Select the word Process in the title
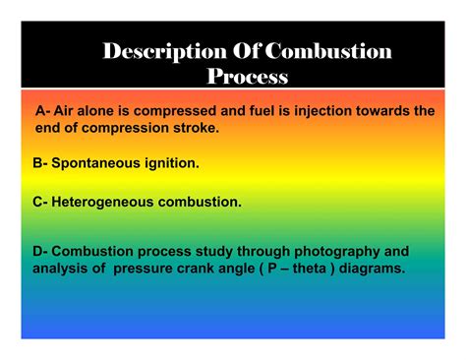(248, 76)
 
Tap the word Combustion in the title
(329, 51)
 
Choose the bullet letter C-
(40, 202)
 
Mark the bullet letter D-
(40, 251)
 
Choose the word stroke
(193, 128)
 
